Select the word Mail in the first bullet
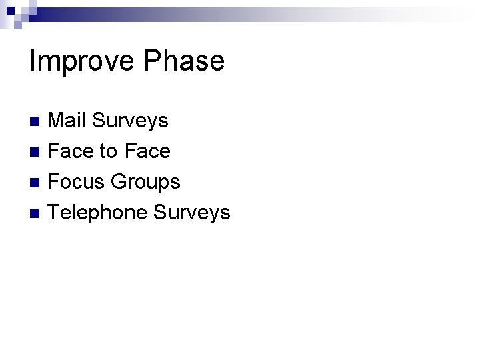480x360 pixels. coord(67,121)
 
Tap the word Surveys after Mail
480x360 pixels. coord(130,121)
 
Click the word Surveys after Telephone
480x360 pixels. coord(192,213)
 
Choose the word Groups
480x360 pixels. coord(145,182)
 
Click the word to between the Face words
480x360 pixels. coord(107,152)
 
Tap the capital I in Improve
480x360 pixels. coord(33,61)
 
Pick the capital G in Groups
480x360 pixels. coord(119,182)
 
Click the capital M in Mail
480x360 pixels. coord(57,121)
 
